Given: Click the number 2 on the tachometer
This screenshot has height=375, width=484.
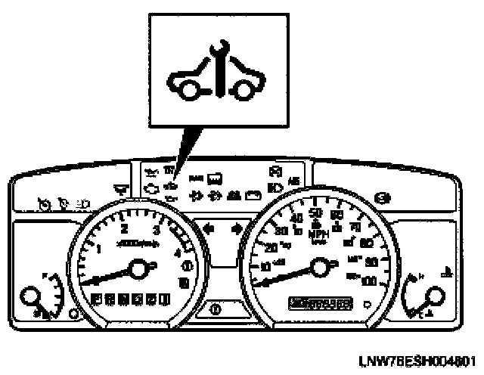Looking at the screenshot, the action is tap(125, 229).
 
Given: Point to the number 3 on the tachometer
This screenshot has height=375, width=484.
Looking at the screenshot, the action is tap(156, 231).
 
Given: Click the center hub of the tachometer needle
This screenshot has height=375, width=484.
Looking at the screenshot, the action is tap(138, 267).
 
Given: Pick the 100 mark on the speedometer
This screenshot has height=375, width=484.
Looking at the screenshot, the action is tap(370, 280).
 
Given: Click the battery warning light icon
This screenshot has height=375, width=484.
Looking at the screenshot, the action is tap(253, 195).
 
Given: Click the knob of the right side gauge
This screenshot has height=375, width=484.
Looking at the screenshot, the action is tap(437, 297).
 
